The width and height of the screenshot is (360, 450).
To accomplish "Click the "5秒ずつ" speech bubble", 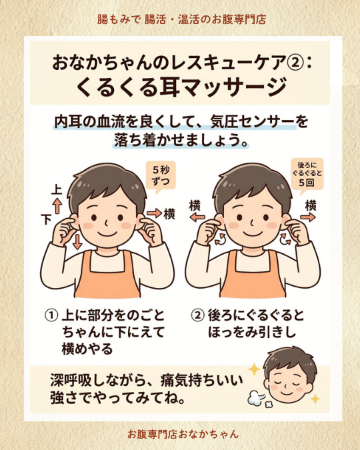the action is tap(161, 175).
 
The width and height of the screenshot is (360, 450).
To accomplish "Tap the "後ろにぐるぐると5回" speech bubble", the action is tap(307, 174).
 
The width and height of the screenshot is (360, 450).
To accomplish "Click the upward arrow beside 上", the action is tap(57, 206).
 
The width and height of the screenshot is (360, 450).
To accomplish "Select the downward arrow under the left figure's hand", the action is tap(77, 241).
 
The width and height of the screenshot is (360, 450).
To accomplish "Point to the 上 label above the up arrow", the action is tap(57, 190).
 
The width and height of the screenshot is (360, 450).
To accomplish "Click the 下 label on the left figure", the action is tap(47, 219).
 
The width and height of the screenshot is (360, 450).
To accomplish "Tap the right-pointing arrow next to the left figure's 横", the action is tap(155, 213).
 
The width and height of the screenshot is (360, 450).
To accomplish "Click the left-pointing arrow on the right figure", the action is tap(198, 217).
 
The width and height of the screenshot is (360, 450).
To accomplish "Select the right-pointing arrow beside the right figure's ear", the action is tap(308, 217).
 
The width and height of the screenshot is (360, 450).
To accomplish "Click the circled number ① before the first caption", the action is tap(51, 315).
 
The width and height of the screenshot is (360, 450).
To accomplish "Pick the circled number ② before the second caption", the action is tap(197, 315).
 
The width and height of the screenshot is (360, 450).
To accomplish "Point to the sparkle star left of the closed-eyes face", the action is tap(254, 369).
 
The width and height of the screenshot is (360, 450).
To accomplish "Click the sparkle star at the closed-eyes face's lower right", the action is tap(315, 399).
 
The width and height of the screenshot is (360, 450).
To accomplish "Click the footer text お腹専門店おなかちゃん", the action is tap(183, 434).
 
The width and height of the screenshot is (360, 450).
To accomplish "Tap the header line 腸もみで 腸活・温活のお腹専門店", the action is tap(181, 19).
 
